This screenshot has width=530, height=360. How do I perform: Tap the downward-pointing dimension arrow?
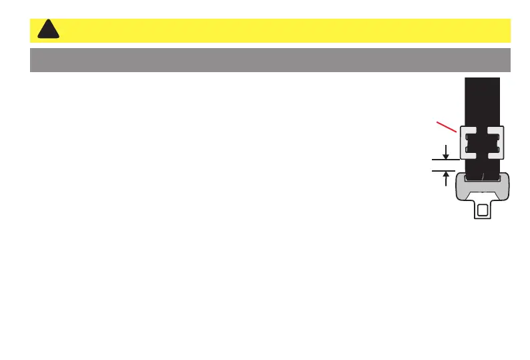tap(445, 153)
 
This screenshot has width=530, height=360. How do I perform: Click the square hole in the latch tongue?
tap(482, 210)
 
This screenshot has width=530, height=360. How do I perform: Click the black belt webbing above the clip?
tap(482, 100)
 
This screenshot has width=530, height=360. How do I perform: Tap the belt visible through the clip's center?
tap(482, 142)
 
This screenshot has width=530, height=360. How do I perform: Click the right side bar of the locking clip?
tap(501, 142)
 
